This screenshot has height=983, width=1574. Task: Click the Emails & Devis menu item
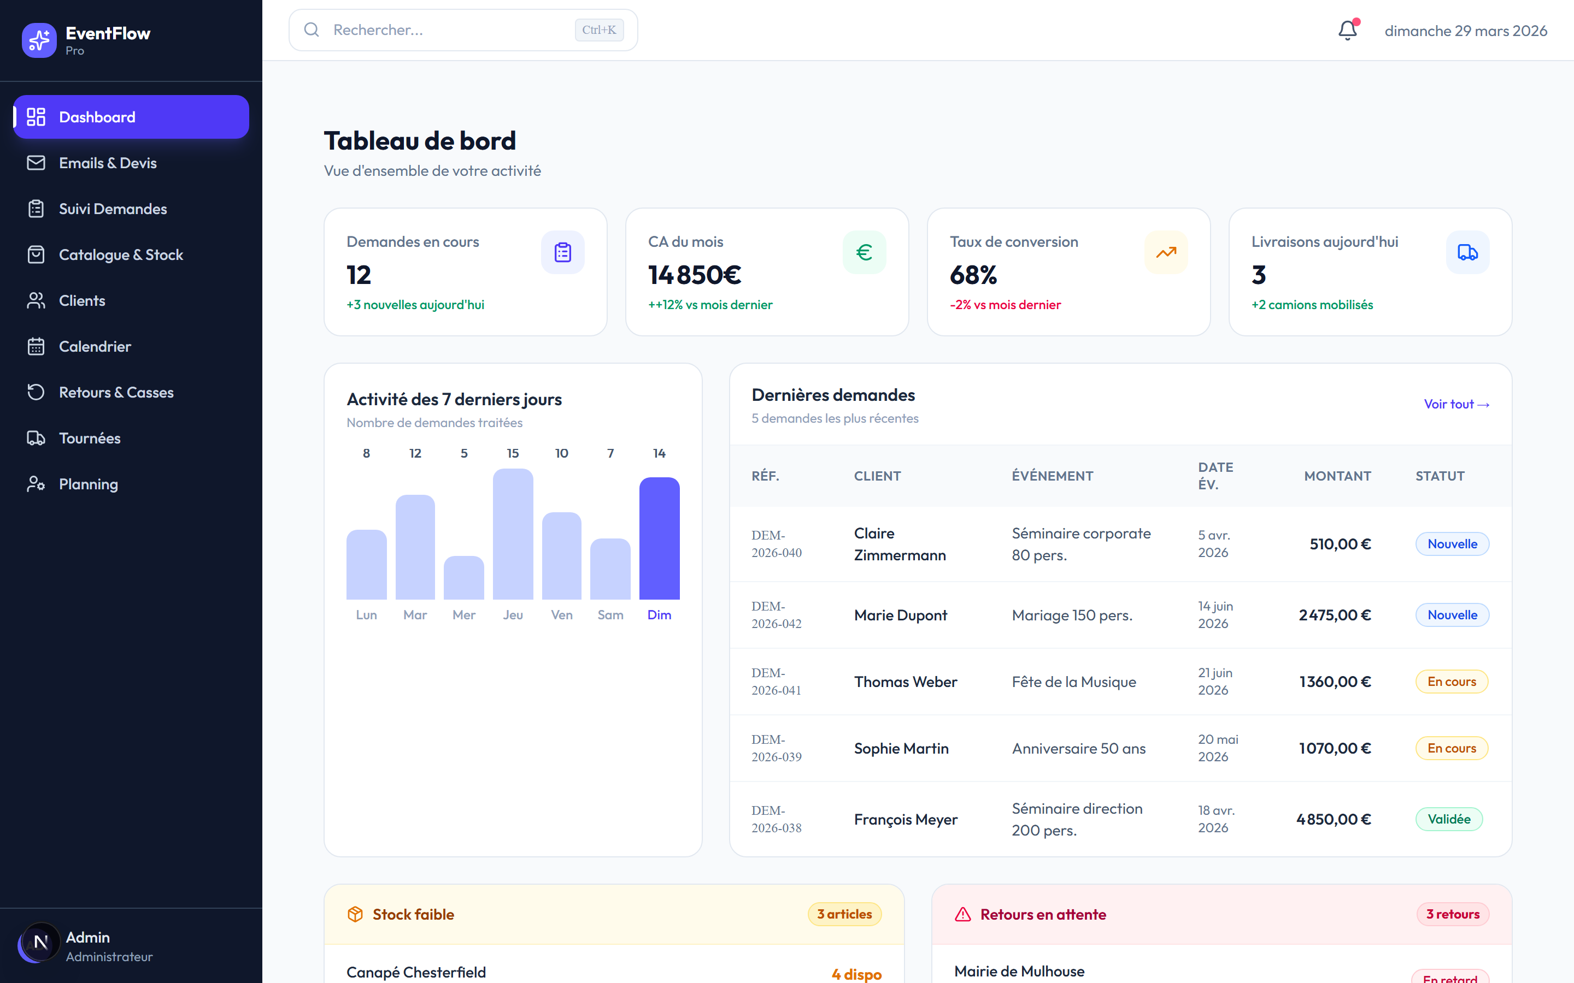[x=107, y=163]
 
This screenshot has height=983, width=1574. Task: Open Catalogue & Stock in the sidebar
[x=120, y=255]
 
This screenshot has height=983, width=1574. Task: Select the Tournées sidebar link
[x=89, y=438]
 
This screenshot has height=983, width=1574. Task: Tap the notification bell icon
[x=1348, y=30]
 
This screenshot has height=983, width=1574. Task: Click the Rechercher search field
[x=463, y=30]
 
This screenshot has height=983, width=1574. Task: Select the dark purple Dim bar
[x=659, y=538]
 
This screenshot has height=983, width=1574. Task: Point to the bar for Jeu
[x=513, y=534]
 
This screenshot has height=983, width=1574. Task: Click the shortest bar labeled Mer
[x=464, y=577]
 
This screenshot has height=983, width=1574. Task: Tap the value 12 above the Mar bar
[x=415, y=453]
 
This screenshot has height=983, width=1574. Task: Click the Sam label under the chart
[x=610, y=615]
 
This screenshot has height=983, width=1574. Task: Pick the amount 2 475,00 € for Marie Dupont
[x=1335, y=615]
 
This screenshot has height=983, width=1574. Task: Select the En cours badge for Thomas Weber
[x=1451, y=682]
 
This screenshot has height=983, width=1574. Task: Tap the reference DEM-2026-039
[x=777, y=748]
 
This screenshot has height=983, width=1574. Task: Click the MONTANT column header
[x=1337, y=476]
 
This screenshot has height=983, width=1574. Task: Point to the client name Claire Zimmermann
[x=900, y=544]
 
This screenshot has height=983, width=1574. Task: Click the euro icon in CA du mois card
[x=864, y=252]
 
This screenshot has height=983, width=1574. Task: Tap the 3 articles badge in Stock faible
[x=844, y=914]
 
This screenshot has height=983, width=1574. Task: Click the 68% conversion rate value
[x=973, y=275]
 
